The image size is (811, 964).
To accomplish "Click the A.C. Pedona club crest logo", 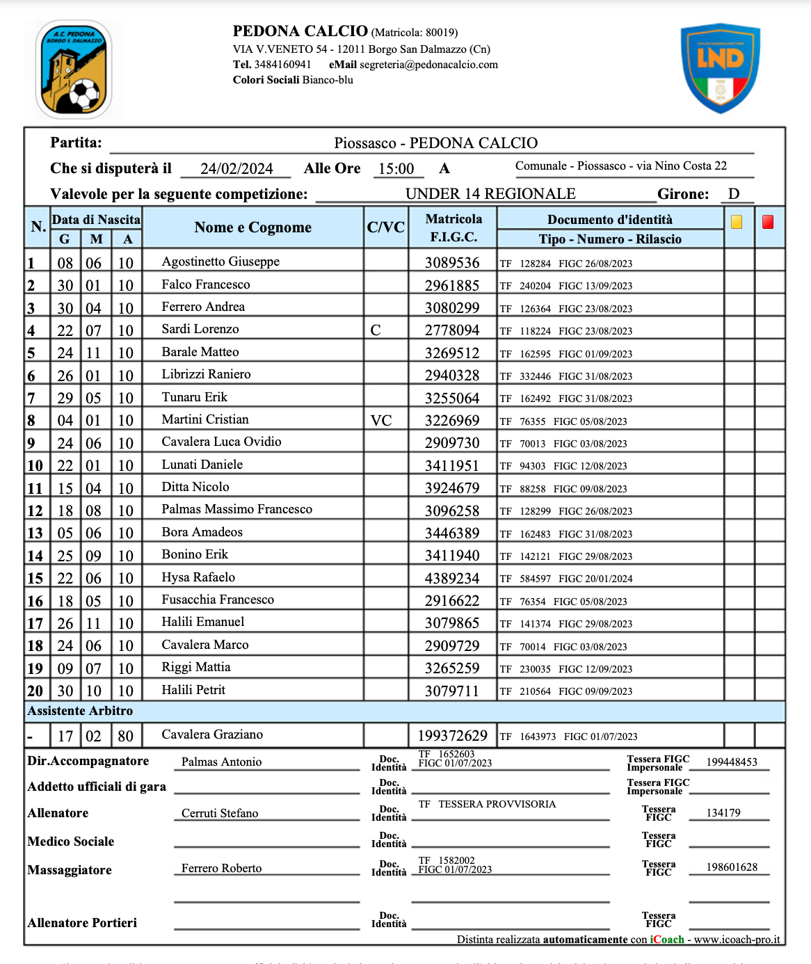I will tap(74, 70).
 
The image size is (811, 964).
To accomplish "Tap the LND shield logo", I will tap(720, 68).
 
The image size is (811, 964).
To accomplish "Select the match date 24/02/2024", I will tap(236, 169).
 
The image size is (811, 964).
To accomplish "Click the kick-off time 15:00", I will tap(396, 169).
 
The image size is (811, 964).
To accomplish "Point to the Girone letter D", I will tap(733, 194).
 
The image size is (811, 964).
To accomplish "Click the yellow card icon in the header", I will tap(737, 222).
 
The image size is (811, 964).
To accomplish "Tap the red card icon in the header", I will tap(768, 222).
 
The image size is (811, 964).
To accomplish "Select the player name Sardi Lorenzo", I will tap(200, 329).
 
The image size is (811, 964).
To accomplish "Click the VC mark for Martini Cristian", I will tap(381, 420).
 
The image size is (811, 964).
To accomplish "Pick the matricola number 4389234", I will tap(452, 578).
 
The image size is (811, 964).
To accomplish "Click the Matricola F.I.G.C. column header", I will tap(453, 227).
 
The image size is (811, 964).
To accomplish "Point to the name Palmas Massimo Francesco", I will tap(236, 509).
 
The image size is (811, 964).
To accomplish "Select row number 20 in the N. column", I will tap(35, 691).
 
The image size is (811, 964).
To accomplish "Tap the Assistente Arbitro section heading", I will tap(80, 711).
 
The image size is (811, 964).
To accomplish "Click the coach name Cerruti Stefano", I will tap(220, 813).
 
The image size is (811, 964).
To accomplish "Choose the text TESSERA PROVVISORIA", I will tap(497, 804).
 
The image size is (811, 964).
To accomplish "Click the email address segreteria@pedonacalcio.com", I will tap(428, 65).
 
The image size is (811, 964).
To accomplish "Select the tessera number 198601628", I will tap(732, 867).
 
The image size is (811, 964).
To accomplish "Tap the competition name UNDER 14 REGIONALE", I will tap(490, 194).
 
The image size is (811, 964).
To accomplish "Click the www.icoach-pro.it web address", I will tap(737, 940).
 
